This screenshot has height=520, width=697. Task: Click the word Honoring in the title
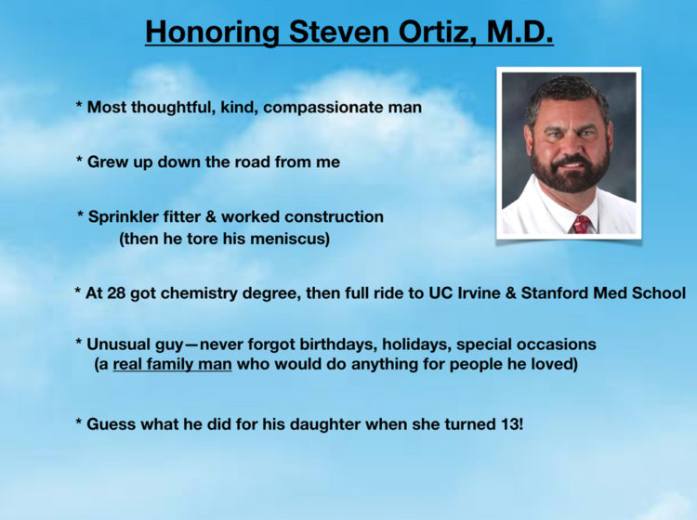click(x=213, y=32)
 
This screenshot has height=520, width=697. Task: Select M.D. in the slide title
click(x=519, y=31)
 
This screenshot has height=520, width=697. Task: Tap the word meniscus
click(x=290, y=239)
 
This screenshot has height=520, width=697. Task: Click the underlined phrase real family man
click(x=172, y=364)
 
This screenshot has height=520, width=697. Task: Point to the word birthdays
click(x=338, y=344)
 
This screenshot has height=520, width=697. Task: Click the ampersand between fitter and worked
click(x=211, y=217)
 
